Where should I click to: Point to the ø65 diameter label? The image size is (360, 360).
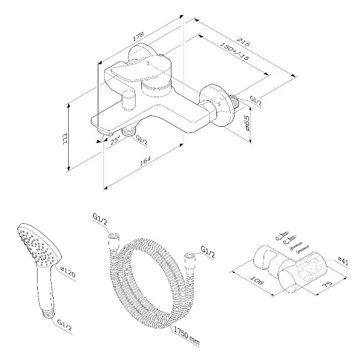pos(248,122)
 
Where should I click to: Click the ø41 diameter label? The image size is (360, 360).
pos(344,258)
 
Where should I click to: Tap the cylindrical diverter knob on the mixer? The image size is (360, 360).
pos(131,100)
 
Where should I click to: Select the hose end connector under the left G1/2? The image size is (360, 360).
pos(113,238)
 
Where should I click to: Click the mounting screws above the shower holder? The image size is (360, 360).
pos(286,241)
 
